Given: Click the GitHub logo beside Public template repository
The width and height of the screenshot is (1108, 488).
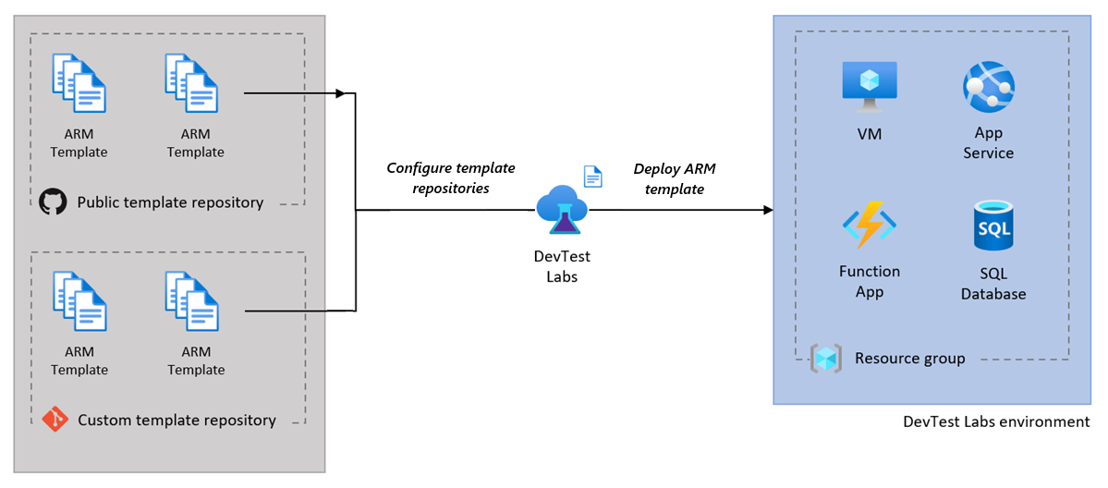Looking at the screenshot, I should coord(54,202).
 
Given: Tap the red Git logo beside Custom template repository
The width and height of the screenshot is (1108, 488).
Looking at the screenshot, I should coord(55,420).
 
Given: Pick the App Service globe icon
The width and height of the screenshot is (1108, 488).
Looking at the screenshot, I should coord(988,86).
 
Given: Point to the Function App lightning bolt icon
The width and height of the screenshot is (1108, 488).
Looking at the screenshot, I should coord(869,226).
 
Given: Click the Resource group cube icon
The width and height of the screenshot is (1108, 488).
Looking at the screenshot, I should coord(826,359).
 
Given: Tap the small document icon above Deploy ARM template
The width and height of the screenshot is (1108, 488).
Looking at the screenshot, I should coord(592,176).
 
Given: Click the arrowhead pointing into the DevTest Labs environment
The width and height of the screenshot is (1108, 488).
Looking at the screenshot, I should coord(767,211).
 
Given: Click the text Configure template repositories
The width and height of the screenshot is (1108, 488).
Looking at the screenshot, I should coord(450,177).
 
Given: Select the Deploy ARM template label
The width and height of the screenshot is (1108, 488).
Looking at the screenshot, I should coord(674,178).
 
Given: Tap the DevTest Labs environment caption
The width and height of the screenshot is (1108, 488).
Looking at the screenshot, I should coord(996,421).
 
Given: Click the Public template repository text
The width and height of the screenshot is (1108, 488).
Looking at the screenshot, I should coord(170,202).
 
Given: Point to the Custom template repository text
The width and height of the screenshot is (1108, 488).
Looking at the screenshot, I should coord(177,421).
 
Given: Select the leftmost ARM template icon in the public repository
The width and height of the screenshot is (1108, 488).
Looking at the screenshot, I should coord(79,83).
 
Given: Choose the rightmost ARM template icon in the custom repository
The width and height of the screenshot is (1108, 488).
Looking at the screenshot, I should coord(192,300).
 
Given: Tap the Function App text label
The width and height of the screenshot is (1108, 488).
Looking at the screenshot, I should coord(869,281).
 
